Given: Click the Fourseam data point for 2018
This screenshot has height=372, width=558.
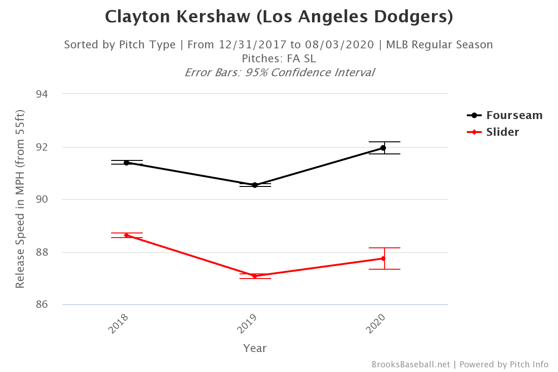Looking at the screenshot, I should coord(126,163).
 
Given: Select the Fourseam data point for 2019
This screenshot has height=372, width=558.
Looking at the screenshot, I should coord(255,185).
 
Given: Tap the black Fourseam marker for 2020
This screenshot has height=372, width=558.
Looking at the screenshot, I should coord(383,148).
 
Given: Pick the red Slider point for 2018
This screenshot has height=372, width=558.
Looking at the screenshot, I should coord(126,235).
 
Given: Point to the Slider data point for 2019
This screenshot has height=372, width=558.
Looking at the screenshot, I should coord(255,276).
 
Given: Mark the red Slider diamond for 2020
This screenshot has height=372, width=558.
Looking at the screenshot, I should coord(383,259).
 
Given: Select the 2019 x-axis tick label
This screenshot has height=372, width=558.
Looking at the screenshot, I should coord(246,324).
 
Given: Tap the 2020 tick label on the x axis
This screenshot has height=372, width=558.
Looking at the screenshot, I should coord(375,324).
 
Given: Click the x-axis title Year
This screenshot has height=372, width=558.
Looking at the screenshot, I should coord(255,348).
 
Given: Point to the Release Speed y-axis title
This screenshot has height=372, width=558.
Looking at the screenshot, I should coord(20,199).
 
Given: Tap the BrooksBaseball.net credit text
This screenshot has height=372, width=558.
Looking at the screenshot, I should coord(411,365).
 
